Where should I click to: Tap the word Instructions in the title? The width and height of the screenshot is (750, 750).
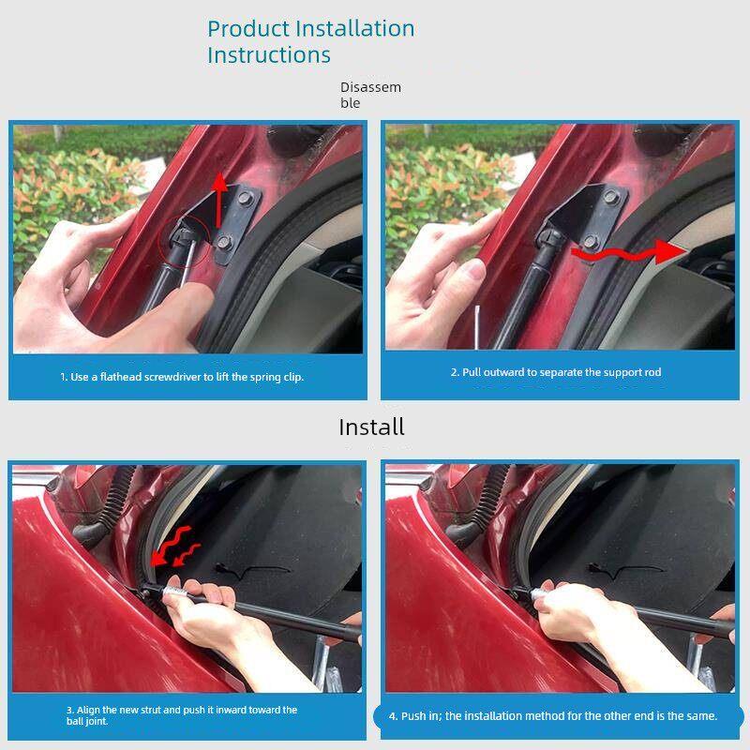pos(269,55)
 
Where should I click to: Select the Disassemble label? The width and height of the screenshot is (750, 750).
pos(370,95)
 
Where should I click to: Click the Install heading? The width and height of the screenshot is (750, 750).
pos(371,427)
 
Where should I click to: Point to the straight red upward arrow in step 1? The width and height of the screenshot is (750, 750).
pos(219,200)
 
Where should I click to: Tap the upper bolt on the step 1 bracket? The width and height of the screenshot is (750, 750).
pos(245,198)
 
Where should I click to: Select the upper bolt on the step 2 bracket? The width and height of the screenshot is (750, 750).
pos(610,197)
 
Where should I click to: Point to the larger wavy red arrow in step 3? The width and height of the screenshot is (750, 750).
pos(172,545)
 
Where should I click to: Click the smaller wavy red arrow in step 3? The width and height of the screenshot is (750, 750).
pos(187,554)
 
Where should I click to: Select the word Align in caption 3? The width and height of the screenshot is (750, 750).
pos(88,710)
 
